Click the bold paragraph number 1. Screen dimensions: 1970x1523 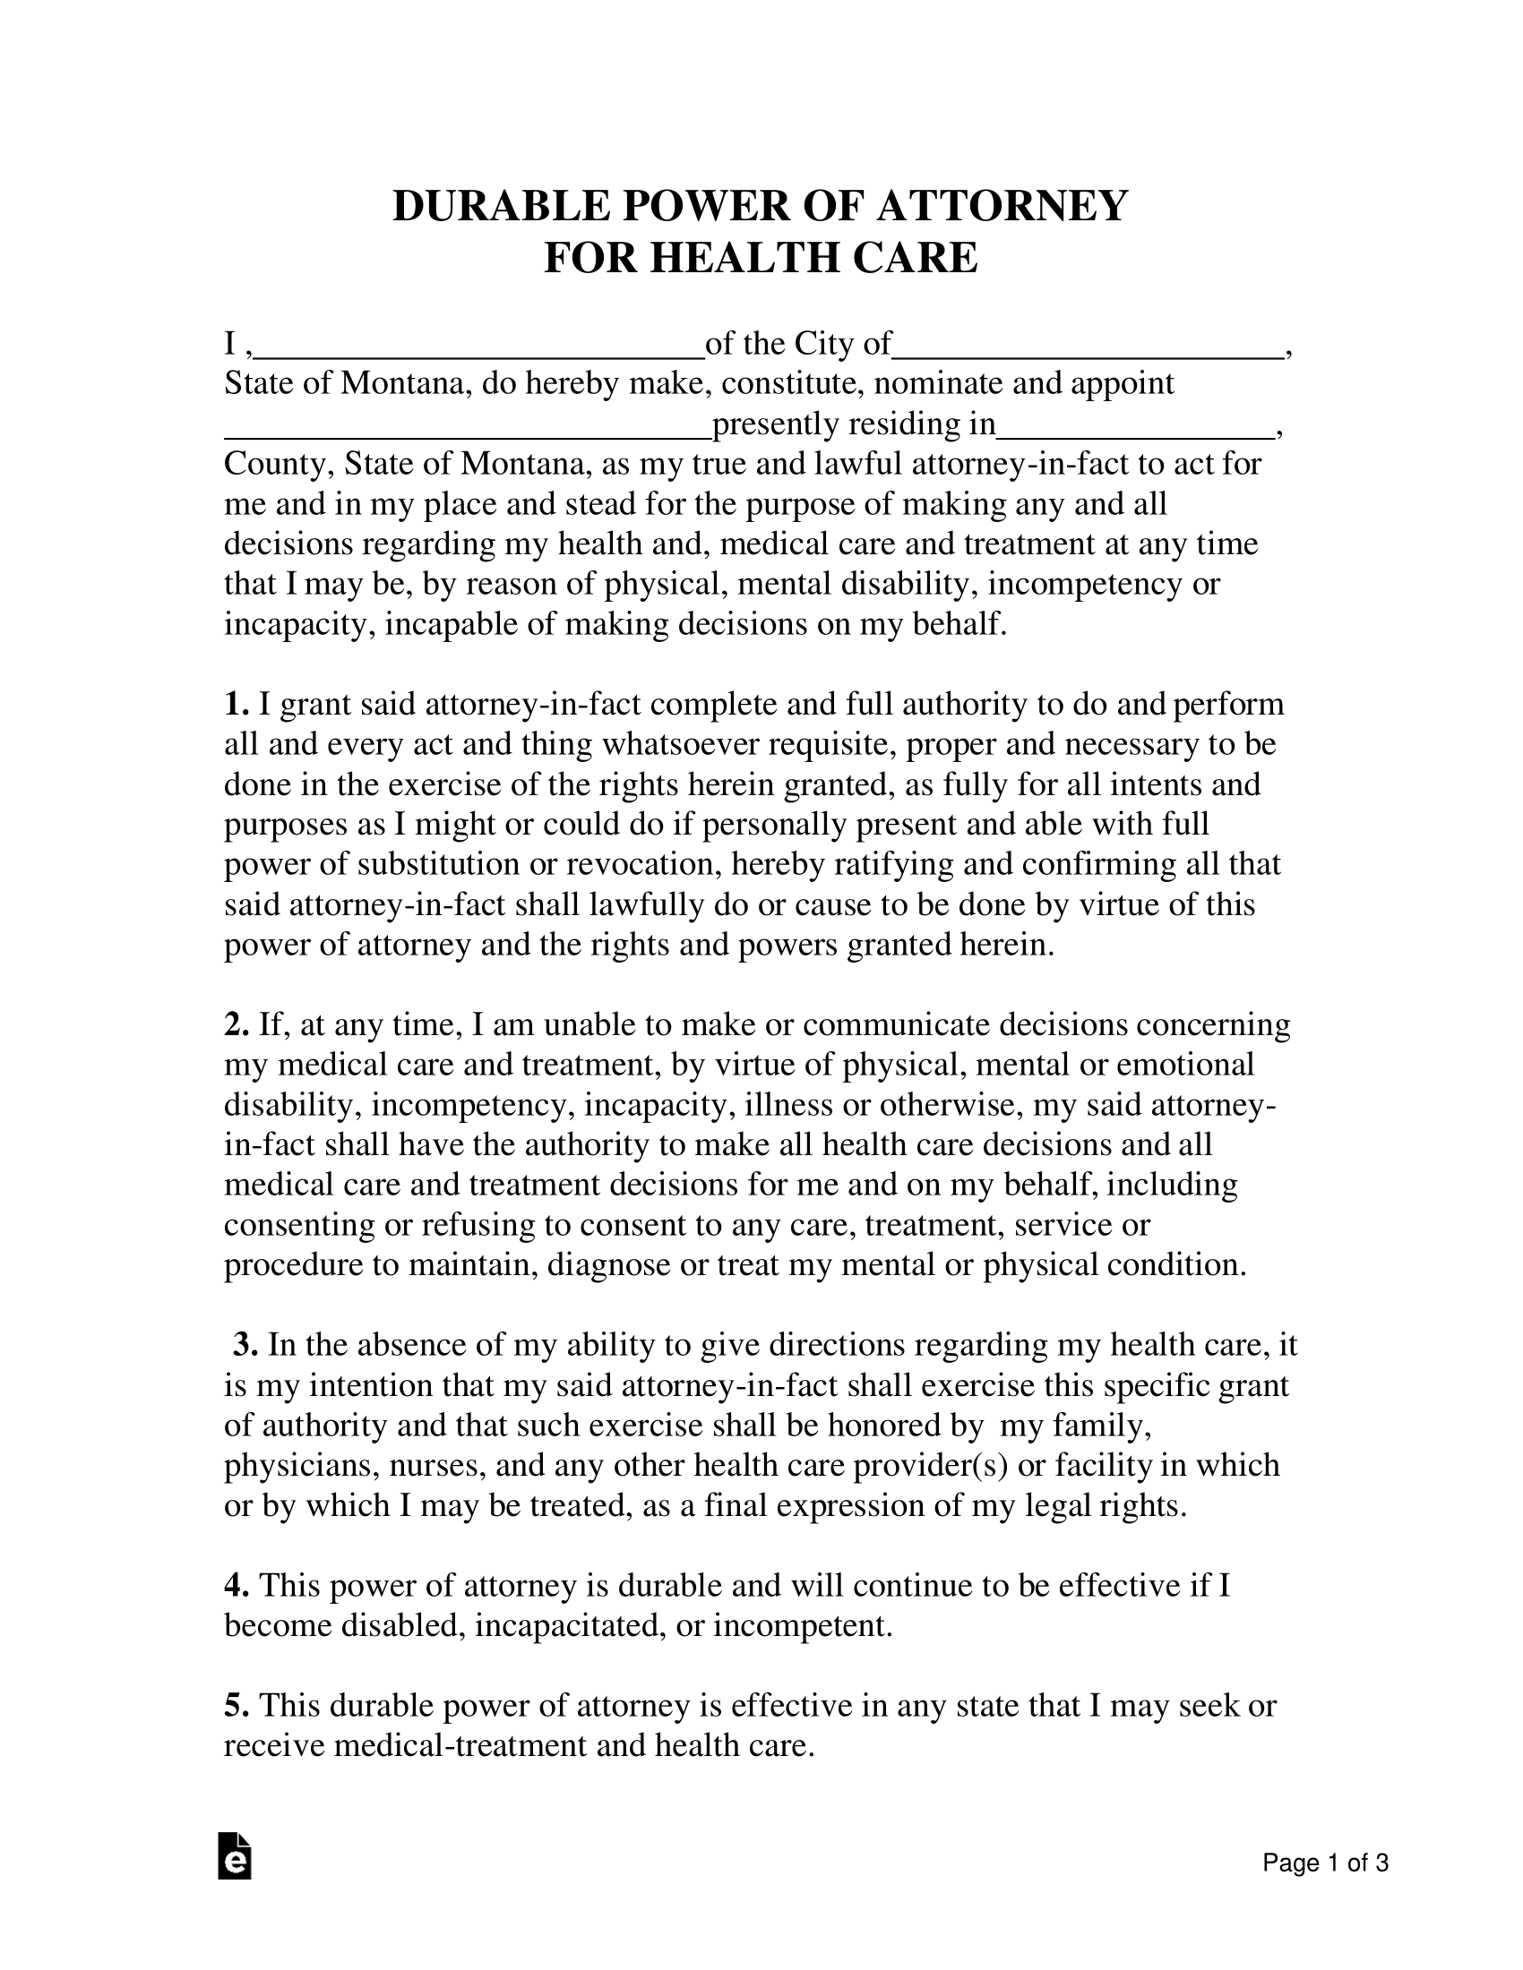point(236,705)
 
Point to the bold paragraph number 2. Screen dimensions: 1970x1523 point(236,1025)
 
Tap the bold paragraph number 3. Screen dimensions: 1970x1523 point(245,1345)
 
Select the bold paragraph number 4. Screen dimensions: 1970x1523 point(236,1587)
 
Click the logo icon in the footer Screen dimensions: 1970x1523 point(235,1856)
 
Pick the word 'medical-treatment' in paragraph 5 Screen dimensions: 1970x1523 point(461,1746)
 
